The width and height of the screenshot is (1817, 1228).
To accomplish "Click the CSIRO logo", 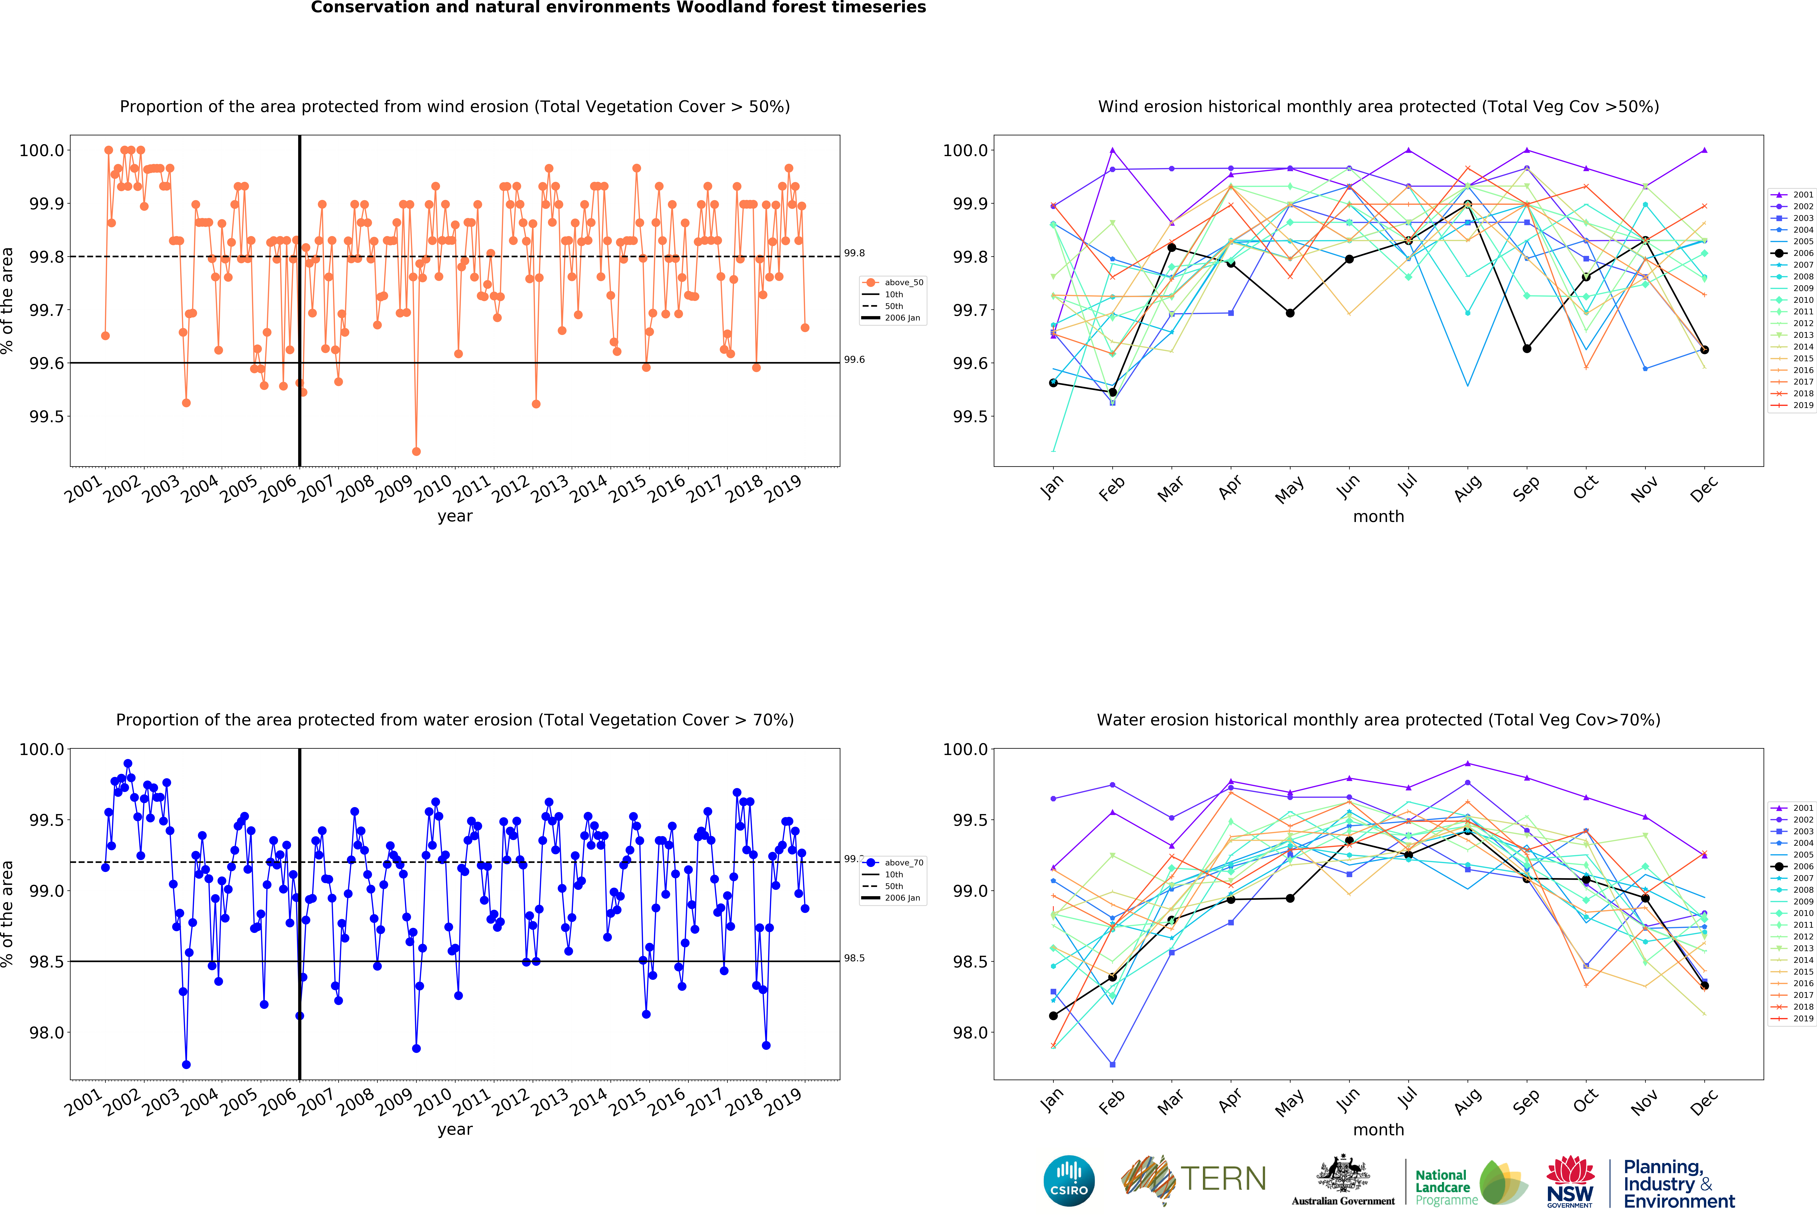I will pyautogui.click(x=1069, y=1180).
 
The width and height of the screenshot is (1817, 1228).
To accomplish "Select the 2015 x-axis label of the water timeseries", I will pyautogui.click(x=627, y=1101).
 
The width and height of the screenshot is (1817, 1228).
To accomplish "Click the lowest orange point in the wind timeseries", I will pyautogui.click(x=416, y=451).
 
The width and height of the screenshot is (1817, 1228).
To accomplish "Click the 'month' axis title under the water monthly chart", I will pyautogui.click(x=1378, y=1129).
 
